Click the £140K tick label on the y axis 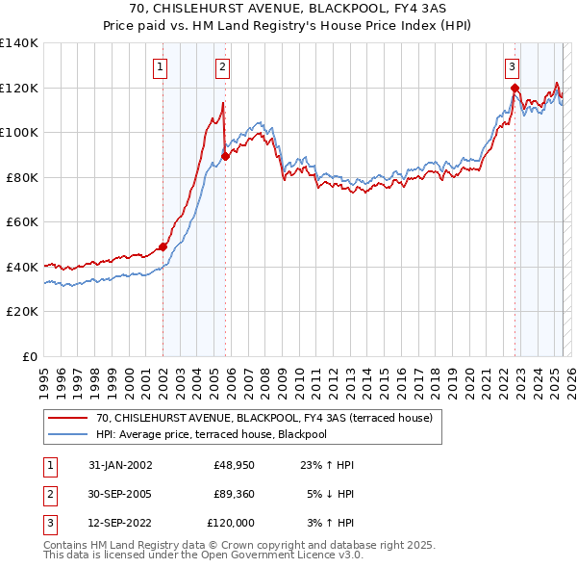(x=19, y=43)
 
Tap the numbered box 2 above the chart (x=222, y=66)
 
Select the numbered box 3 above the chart (x=512, y=66)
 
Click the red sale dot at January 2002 (x=163, y=246)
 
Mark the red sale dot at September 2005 (x=225, y=156)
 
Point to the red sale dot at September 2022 (x=514, y=88)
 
